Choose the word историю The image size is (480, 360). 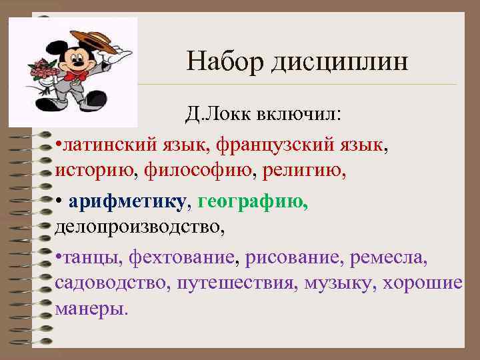click(95, 171)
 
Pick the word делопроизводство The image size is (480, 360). click(140, 227)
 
